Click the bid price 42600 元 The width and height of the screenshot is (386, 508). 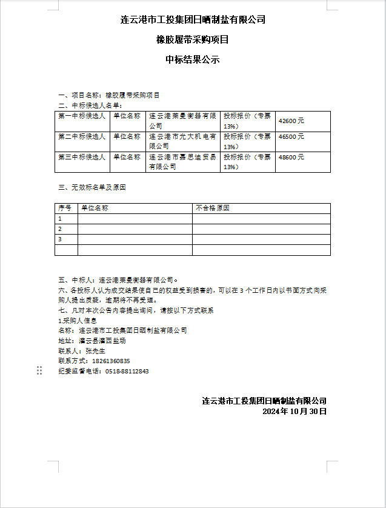[291, 121]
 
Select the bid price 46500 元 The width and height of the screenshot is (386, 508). [291, 137]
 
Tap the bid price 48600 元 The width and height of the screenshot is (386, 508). [291, 157]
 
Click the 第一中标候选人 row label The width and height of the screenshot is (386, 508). [82, 116]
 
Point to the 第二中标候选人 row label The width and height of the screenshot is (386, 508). [82, 136]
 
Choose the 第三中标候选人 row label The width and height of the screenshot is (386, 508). [82, 157]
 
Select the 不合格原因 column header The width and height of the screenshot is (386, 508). [213, 208]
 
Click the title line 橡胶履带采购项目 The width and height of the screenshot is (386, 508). [192, 40]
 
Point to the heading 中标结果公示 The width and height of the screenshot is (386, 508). [192, 59]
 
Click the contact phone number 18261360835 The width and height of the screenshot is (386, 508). [111, 361]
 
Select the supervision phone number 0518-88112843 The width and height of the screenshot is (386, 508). [127, 371]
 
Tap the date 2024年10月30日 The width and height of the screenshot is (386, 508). [294, 411]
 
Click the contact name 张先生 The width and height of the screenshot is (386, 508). [95, 350]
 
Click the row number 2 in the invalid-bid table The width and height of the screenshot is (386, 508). [59, 229]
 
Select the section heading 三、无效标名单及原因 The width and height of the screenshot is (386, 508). [92, 187]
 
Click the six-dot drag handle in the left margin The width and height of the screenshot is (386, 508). [39, 370]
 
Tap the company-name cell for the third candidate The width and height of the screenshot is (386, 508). [182, 162]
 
